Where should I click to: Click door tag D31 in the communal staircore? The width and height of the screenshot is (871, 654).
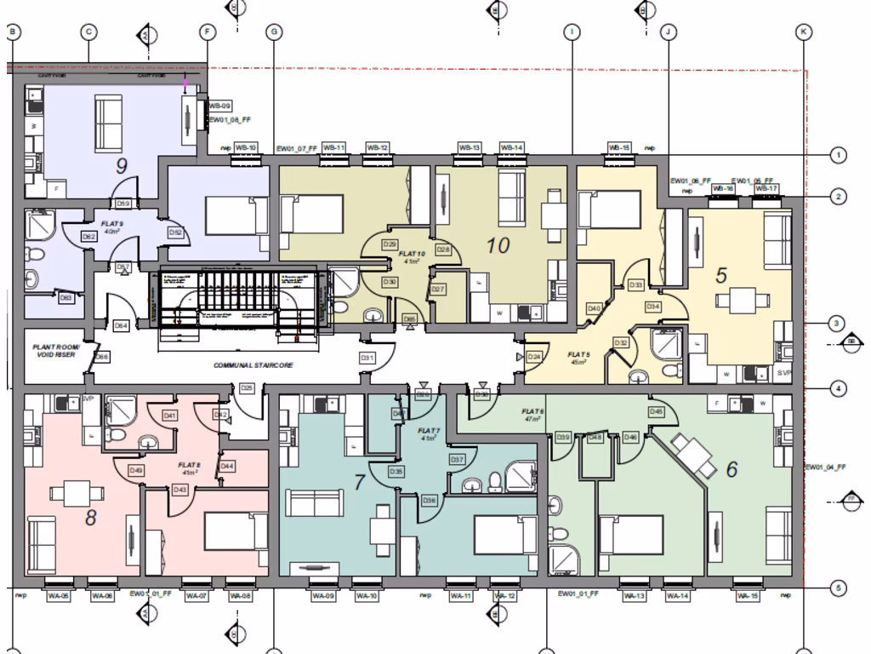pos(367,358)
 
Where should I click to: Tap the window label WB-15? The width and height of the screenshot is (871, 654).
pos(619,147)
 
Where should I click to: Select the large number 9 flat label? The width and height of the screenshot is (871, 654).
pos(121,165)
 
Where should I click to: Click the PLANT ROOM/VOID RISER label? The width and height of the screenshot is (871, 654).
pos(54,351)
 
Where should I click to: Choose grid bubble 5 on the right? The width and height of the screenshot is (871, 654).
pos(839,588)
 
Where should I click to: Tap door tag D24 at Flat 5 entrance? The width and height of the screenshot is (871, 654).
pos(534,357)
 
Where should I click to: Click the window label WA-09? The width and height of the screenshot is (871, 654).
pos(324,595)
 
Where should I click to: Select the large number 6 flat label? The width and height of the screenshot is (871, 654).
pos(732,468)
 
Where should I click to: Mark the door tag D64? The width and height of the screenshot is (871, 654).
pos(121,325)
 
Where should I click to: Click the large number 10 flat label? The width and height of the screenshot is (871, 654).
pos(498,245)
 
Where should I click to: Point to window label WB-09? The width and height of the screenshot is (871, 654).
pos(219,106)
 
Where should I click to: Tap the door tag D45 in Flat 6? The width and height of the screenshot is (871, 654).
pos(656,412)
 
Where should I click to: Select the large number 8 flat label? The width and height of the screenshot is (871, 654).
pos(91,516)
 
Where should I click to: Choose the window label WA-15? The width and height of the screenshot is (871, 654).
pos(748,595)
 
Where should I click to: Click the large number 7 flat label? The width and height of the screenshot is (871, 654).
pos(359,483)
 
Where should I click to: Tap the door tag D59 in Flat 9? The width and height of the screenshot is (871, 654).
pos(123,204)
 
